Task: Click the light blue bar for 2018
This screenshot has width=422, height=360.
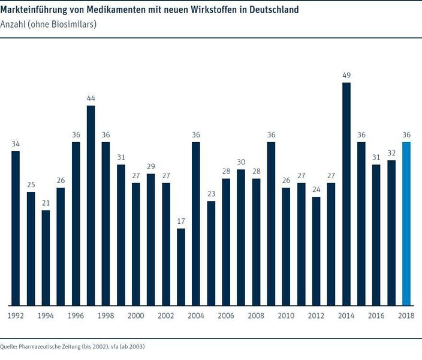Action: pos(406,224)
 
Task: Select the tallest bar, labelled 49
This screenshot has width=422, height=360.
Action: pos(346,194)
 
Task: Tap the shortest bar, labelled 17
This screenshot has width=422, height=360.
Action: pos(181,267)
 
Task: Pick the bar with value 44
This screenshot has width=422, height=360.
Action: pos(91,205)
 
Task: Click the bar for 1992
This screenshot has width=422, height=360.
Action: pos(16,228)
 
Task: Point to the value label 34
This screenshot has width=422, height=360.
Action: pos(16,144)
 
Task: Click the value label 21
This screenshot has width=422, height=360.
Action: pos(46,203)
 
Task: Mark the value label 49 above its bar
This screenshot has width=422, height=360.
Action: pos(346,75)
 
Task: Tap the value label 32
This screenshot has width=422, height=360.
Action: pos(391,153)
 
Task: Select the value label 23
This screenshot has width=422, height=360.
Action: pos(211,194)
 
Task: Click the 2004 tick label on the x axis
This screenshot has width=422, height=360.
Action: pos(196,316)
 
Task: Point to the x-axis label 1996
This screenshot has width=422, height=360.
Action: pos(76,316)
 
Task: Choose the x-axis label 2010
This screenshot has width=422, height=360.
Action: pos(286,316)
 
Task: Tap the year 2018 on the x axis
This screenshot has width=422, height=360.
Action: pos(406,316)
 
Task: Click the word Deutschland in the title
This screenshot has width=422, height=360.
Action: pos(267,10)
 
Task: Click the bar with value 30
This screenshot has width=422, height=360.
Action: pos(241,238)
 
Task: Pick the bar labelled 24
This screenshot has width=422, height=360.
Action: pos(316,251)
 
